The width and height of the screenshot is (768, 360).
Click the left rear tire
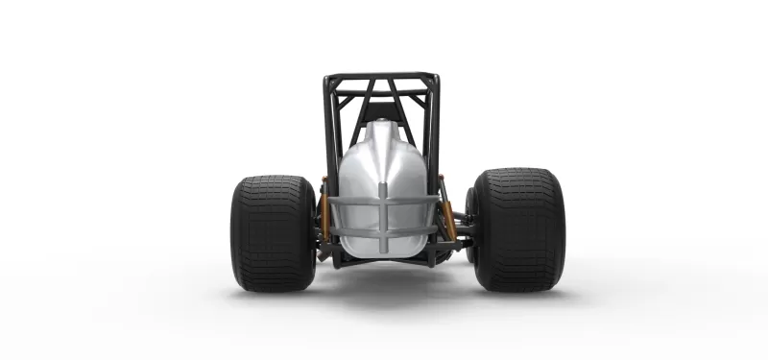272,232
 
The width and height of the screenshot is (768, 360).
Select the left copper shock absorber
324,216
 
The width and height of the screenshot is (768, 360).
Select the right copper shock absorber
446,216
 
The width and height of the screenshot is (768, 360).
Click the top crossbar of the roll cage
381,76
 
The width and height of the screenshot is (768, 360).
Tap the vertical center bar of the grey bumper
383,226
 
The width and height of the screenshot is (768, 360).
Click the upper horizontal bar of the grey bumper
383,204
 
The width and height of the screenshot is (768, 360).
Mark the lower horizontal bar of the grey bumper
383,230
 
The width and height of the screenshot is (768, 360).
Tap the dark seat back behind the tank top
382,108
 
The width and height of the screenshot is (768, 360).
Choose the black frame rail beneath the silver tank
384,260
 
